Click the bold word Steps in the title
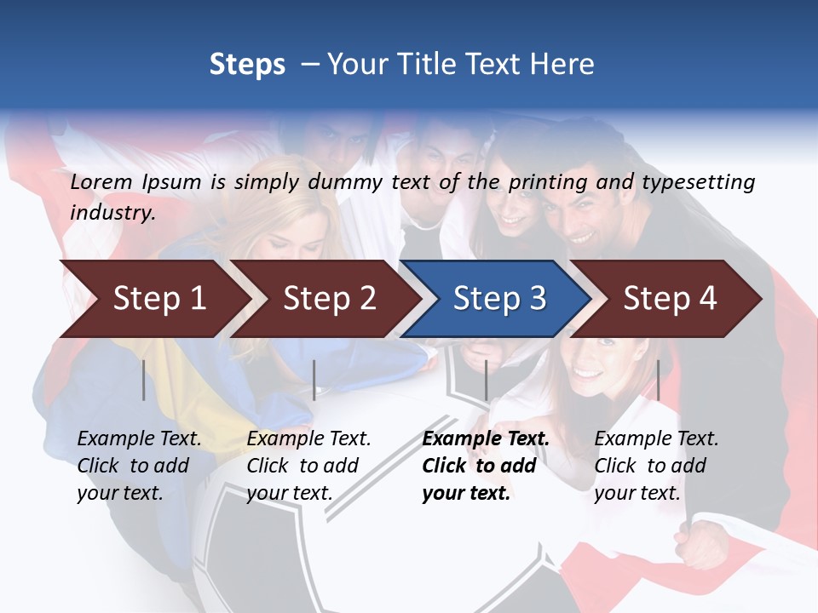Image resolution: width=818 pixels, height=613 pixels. [x=247, y=65]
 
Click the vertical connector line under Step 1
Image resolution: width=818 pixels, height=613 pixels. [x=143, y=380]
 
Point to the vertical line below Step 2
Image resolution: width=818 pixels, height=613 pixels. [x=314, y=380]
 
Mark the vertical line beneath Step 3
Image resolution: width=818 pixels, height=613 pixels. [x=486, y=380]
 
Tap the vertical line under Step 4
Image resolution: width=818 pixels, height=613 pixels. [x=658, y=380]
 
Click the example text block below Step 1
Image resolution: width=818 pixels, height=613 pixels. [x=139, y=466]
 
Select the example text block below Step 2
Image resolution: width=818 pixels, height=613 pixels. [x=308, y=466]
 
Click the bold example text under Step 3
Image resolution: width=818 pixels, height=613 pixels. [x=486, y=466]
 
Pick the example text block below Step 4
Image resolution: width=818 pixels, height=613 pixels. [x=656, y=466]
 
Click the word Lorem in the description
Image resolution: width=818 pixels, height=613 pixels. [x=101, y=181]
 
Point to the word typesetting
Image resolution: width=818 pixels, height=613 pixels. [x=698, y=182]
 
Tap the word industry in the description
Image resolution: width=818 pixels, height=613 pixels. [x=112, y=213]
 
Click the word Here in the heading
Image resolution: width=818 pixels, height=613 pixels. [x=562, y=65]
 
